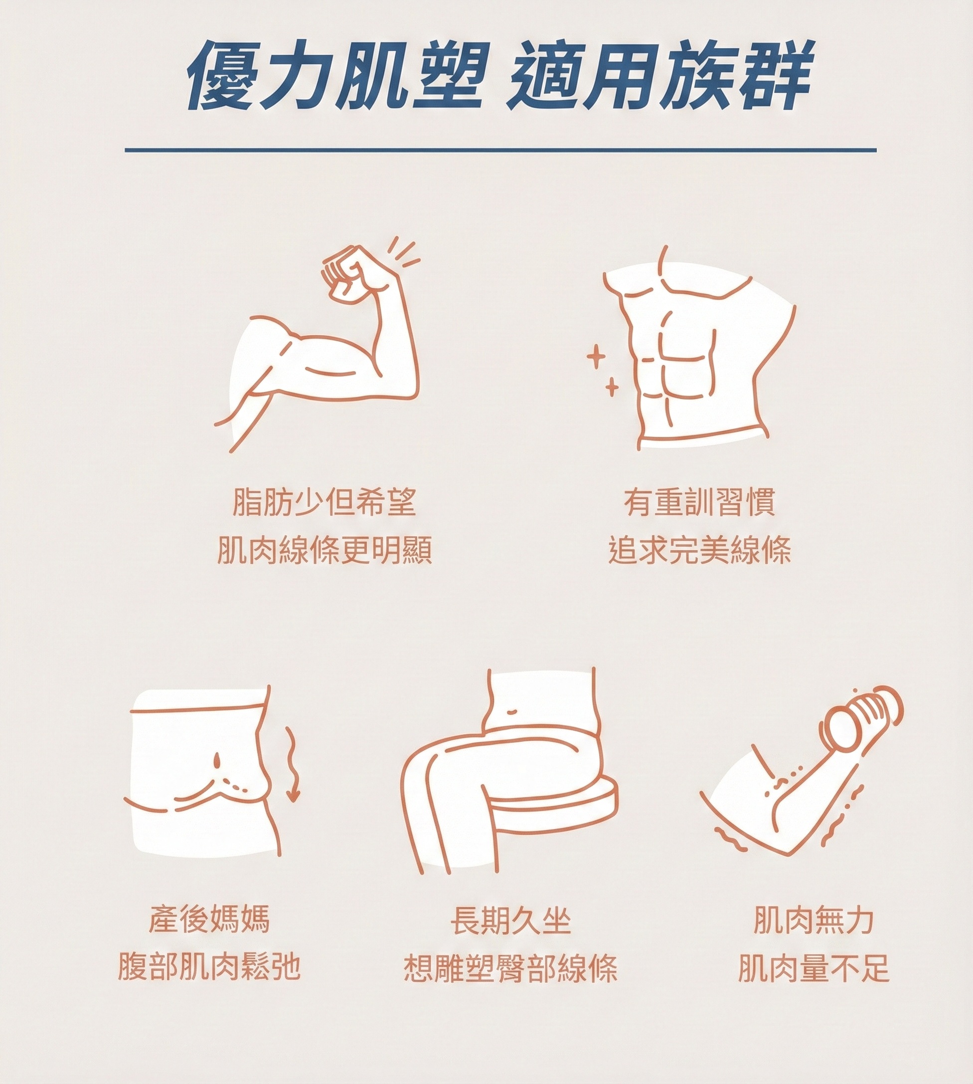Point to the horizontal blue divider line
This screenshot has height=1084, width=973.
500,150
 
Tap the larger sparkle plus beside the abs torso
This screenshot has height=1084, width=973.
596,356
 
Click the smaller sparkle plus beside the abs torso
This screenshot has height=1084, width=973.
612,387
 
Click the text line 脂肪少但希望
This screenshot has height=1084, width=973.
324,503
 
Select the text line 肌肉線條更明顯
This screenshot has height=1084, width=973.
324,551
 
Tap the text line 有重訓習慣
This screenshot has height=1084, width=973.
699,503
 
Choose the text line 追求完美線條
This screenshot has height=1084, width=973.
699,551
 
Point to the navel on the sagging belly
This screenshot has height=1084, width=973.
217,760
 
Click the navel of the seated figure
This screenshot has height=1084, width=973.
511,712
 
